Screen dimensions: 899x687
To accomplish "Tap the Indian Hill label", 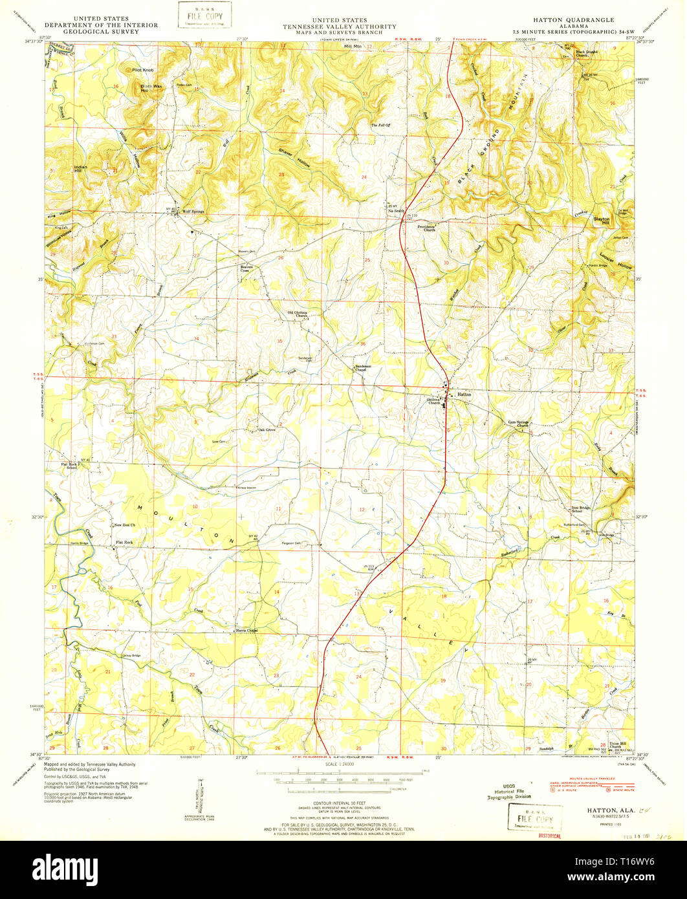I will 80,169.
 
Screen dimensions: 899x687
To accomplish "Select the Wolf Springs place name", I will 193,211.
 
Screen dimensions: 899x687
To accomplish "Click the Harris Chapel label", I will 246,630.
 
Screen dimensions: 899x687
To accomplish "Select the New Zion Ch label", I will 124,525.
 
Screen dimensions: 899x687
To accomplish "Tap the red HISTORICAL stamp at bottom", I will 550,835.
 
